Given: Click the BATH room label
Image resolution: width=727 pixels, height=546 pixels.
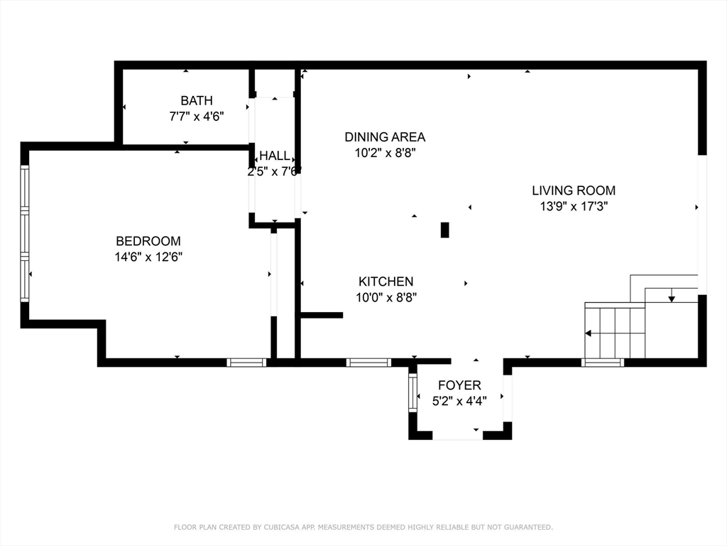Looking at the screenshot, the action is click(197, 100).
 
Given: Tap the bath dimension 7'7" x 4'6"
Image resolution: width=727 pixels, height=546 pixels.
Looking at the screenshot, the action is click(197, 116).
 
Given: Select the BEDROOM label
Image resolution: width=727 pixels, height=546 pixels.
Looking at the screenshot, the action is click(148, 241).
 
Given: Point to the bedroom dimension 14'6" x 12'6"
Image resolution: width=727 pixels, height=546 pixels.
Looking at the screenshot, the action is click(148, 257).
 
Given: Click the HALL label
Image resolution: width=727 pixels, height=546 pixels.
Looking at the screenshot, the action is click(275, 156).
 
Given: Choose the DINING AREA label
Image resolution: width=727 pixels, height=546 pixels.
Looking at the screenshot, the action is click(385, 137).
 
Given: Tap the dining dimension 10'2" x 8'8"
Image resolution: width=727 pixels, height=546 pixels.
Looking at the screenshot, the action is click(385, 153).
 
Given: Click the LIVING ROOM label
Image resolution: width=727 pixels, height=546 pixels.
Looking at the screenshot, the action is click(574, 191).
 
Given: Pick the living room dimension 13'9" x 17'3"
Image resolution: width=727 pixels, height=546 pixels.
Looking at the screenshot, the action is click(574, 206).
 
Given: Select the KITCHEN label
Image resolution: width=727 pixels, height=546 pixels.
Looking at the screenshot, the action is click(386, 282).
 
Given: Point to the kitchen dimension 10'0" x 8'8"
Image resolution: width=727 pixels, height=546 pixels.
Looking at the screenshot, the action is click(386, 297).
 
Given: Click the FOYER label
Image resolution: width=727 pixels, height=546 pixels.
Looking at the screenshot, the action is click(459, 385).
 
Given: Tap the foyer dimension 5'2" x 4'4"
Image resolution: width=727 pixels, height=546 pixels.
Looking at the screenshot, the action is click(459, 401).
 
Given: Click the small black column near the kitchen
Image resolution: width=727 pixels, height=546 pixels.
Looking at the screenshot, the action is click(444, 230).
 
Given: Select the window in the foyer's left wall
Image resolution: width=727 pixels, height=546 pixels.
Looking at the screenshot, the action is click(412, 392).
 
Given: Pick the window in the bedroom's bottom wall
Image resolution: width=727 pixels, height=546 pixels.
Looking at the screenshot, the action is click(246, 363).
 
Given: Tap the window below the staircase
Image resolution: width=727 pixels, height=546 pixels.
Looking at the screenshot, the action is click(602, 363).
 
